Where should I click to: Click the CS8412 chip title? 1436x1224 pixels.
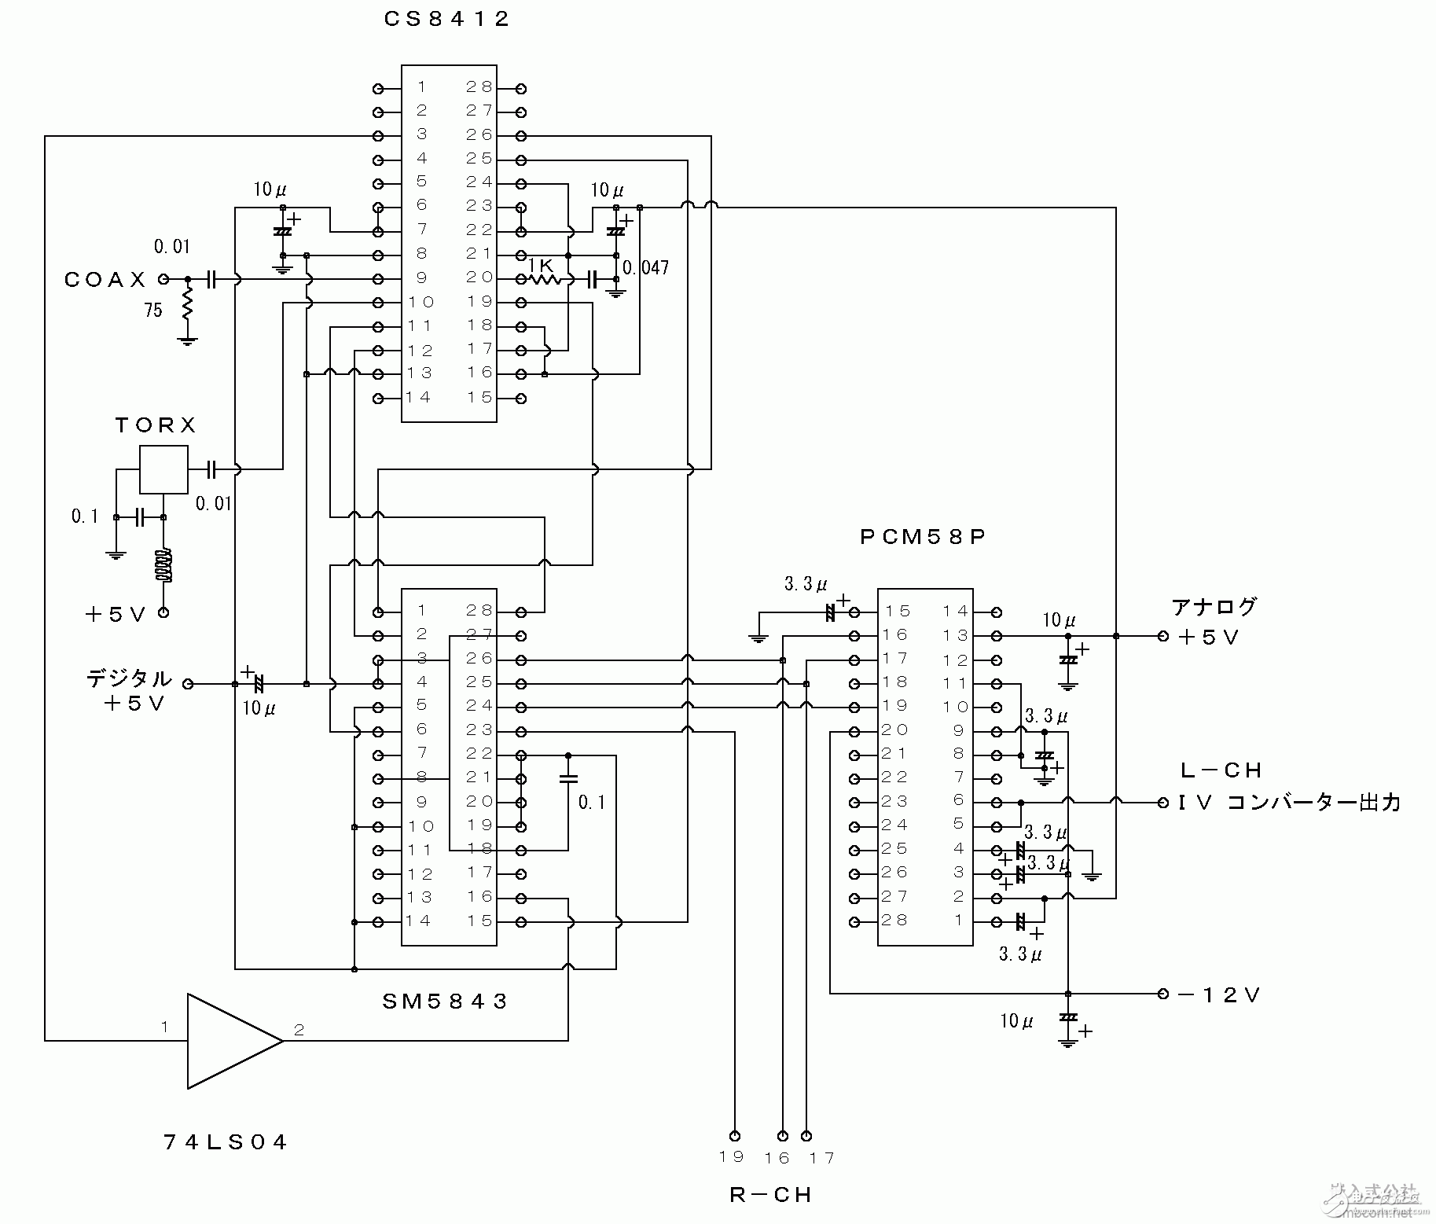[x=447, y=19]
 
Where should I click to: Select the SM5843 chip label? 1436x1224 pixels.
[x=445, y=1001]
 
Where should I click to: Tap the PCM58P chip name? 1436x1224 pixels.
[x=923, y=537]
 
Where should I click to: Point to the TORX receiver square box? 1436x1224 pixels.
[x=163, y=469]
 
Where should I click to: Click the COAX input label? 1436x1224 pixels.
[x=105, y=280]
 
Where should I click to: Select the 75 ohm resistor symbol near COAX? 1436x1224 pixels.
[x=187, y=303]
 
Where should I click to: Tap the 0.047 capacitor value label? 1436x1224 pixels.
[x=646, y=268]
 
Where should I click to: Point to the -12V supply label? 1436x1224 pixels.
[x=1220, y=995]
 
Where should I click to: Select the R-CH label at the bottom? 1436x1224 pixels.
[x=769, y=1195]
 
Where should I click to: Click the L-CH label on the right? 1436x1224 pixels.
[x=1221, y=770]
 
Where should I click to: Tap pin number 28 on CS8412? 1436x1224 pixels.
[x=479, y=87]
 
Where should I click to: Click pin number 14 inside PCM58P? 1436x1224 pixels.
[x=956, y=611]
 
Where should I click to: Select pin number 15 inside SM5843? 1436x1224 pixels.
[x=479, y=921]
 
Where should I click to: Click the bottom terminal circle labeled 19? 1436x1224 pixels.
[x=734, y=1135]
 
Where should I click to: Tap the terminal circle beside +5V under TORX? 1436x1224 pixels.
[x=163, y=612]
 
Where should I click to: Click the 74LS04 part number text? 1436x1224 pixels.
[x=226, y=1142]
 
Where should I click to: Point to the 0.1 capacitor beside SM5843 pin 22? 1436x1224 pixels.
[x=568, y=779]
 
